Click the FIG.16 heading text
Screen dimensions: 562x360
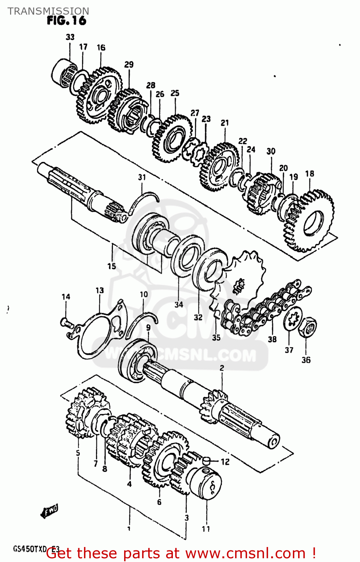click(66, 21)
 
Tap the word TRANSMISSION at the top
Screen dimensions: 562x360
click(48, 11)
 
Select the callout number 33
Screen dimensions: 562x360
click(70, 37)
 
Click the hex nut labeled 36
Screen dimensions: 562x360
click(307, 327)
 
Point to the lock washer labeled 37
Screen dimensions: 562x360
click(292, 319)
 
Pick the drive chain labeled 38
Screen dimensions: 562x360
click(262, 309)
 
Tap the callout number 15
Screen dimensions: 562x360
click(111, 266)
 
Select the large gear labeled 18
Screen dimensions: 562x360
click(309, 221)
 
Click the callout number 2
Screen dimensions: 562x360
click(222, 368)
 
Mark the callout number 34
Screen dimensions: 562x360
click(178, 305)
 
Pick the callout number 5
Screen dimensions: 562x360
click(78, 453)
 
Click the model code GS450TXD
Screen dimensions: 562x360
click(30, 549)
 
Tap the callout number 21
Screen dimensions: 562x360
click(225, 123)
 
